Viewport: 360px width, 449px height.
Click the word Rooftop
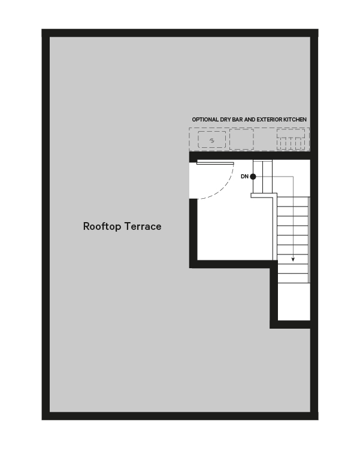(102, 226)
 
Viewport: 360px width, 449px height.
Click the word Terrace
(143, 226)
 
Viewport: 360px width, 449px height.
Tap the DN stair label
(244, 177)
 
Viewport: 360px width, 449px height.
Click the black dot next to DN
(253, 177)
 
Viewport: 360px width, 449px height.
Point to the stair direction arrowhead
(293, 259)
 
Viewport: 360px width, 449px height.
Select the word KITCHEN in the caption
(295, 120)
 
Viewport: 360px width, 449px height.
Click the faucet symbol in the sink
(212, 140)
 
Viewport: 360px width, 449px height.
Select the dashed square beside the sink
(241, 139)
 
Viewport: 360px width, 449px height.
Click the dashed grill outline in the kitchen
(291, 139)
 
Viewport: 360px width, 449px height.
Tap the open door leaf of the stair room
(215, 163)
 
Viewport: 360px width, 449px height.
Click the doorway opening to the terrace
(193, 181)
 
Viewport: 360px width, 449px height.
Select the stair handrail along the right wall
(308, 240)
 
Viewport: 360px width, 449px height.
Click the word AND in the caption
(250, 120)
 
